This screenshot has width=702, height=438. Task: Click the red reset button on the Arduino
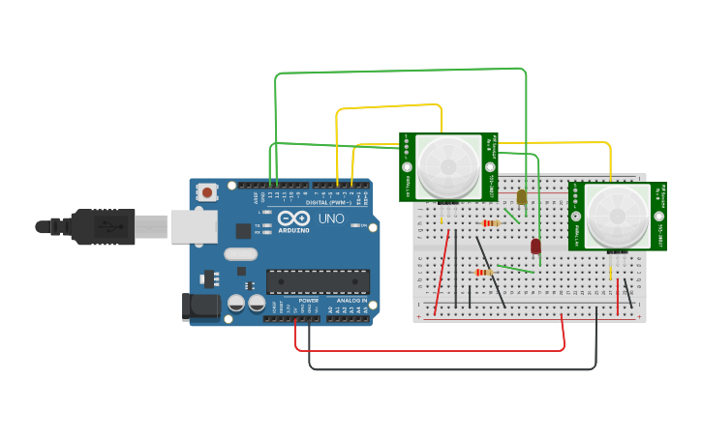tap(207, 192)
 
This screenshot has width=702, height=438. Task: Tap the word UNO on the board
tap(331, 219)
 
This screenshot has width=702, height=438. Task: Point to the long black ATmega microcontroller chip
tap(318, 281)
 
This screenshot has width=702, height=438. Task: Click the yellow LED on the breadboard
tap(521, 197)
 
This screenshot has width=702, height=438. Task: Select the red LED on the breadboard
tap(535, 247)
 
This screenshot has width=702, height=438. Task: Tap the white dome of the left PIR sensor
tap(448, 166)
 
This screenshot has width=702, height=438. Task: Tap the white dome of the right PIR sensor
tap(617, 216)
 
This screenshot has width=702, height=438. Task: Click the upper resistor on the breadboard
tap(490, 223)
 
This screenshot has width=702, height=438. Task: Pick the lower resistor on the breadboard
tap(483, 273)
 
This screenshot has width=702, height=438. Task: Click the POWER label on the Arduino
tap(309, 301)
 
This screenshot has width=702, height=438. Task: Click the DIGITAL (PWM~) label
tap(328, 202)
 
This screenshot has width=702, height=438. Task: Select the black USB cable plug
tap(97, 227)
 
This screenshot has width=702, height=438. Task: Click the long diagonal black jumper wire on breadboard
tap(490, 271)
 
